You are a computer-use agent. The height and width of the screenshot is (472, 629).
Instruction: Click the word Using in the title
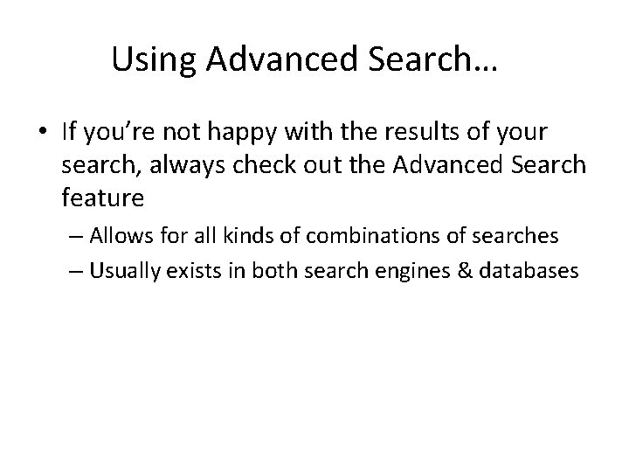point(143,60)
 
